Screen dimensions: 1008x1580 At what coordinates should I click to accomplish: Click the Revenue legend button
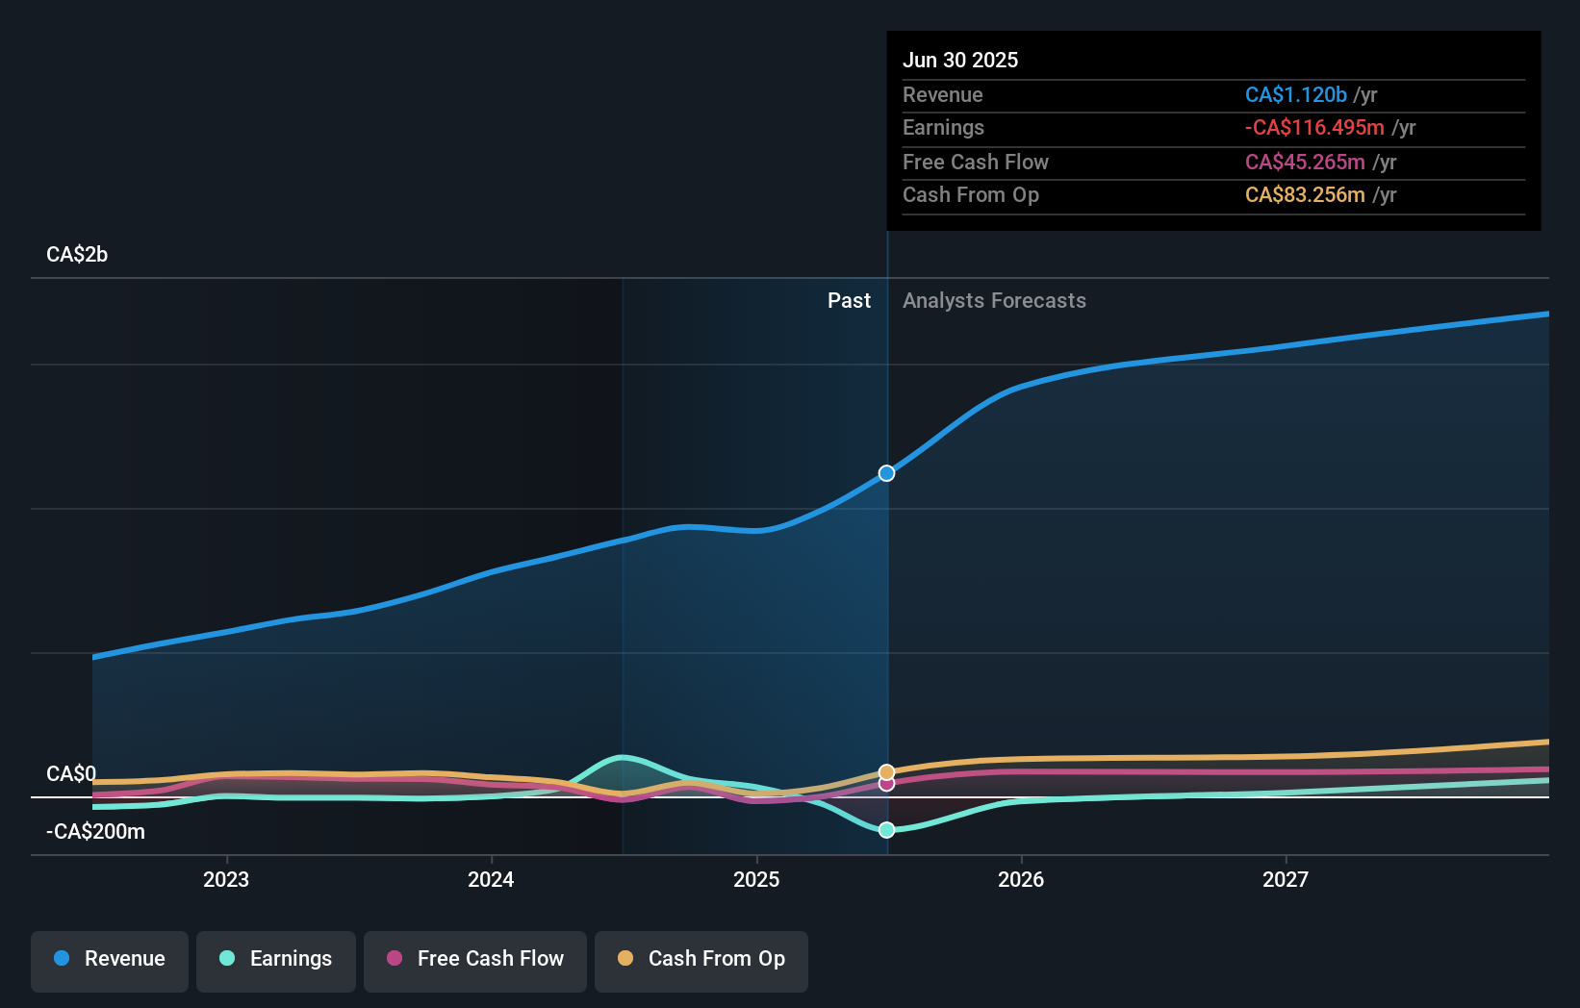110,959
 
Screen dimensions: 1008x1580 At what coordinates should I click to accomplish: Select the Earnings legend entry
276,959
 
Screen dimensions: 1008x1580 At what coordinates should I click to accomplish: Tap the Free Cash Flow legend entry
475,959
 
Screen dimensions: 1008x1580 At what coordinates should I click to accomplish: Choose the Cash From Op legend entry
701,959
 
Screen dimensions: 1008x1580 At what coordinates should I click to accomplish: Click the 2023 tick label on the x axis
226,879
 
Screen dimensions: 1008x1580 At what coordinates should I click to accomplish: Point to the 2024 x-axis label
491,879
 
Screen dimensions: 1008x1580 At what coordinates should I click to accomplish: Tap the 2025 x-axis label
756,879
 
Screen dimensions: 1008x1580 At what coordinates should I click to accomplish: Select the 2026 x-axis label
1021,879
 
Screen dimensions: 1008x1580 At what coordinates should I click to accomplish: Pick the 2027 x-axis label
1286,879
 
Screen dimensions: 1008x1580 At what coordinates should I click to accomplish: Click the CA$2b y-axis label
77,255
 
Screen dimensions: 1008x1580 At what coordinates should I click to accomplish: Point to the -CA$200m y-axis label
95,832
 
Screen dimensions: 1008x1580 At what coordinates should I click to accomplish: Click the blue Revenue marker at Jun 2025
886,473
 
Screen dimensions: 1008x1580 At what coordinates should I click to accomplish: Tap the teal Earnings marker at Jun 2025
886,830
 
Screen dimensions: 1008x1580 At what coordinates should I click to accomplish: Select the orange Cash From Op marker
886,772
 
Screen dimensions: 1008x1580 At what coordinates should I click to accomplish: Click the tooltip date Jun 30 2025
960,60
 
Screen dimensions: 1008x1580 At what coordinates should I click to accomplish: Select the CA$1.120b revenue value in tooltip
1295,94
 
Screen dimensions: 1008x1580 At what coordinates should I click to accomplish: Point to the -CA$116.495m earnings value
1314,127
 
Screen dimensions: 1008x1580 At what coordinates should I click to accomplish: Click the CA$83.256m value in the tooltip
1305,194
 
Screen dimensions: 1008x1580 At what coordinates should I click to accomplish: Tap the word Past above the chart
849,301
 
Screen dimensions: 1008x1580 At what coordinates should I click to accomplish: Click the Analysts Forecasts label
994,301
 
